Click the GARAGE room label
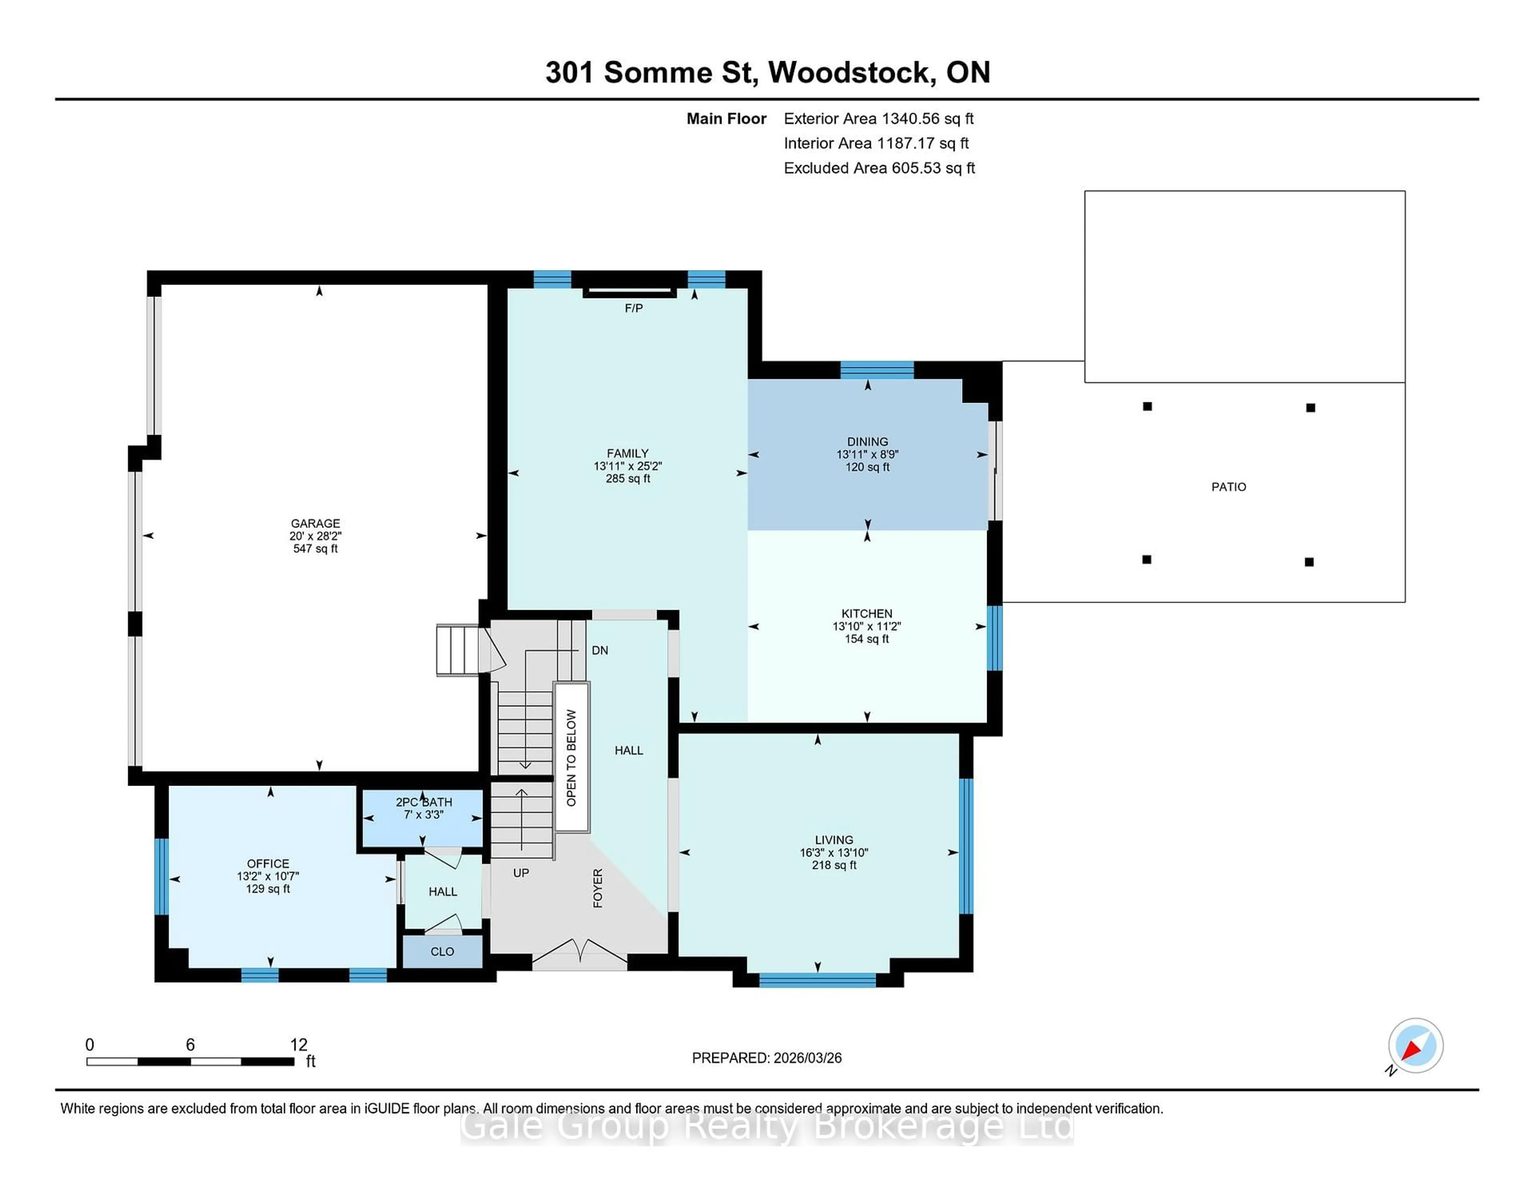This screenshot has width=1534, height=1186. tap(315, 523)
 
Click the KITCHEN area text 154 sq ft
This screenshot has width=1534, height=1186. tap(867, 639)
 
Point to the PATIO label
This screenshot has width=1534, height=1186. tap(1228, 487)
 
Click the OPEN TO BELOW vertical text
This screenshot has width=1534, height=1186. tap(571, 757)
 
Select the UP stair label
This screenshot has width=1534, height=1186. tap(521, 873)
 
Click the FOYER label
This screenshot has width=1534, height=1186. tap(598, 888)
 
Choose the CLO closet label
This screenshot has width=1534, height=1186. tap(442, 951)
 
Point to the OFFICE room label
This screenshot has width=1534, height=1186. tap(268, 864)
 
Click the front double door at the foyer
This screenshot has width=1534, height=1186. tap(580, 955)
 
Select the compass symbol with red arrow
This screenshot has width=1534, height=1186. tap(1415, 1045)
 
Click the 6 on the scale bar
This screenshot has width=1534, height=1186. tap(190, 1045)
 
